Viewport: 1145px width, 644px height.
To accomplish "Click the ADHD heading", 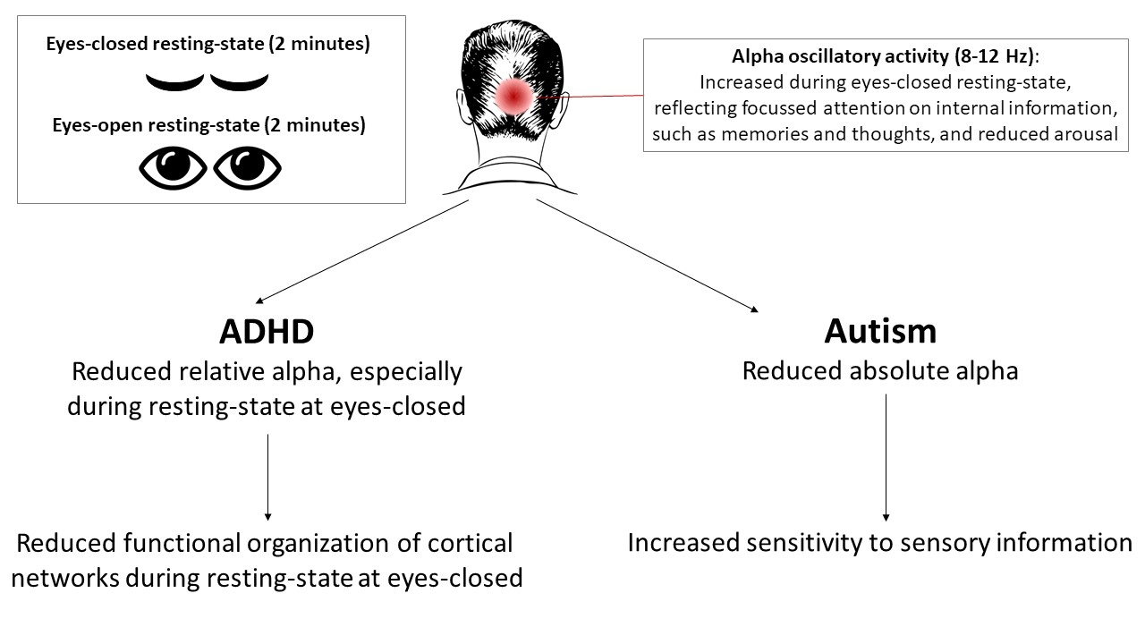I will coord(267,332).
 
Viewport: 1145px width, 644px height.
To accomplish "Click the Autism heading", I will coord(880,331).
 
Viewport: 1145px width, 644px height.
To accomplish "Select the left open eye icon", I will coord(172,167).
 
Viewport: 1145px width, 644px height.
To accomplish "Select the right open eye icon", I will coord(248,167).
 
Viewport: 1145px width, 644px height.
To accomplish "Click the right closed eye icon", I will coord(239,83).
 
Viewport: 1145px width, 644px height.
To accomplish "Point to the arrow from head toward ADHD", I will coord(362,251).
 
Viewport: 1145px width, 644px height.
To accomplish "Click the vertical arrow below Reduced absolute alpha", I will coord(886,456).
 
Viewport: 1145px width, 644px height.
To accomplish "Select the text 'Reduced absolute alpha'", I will coord(880,370).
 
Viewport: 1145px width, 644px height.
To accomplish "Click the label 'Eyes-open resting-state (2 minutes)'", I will coord(208,125).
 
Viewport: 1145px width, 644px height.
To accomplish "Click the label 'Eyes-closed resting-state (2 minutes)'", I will coord(208,45).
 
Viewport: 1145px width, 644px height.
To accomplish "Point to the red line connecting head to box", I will coord(590,96).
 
